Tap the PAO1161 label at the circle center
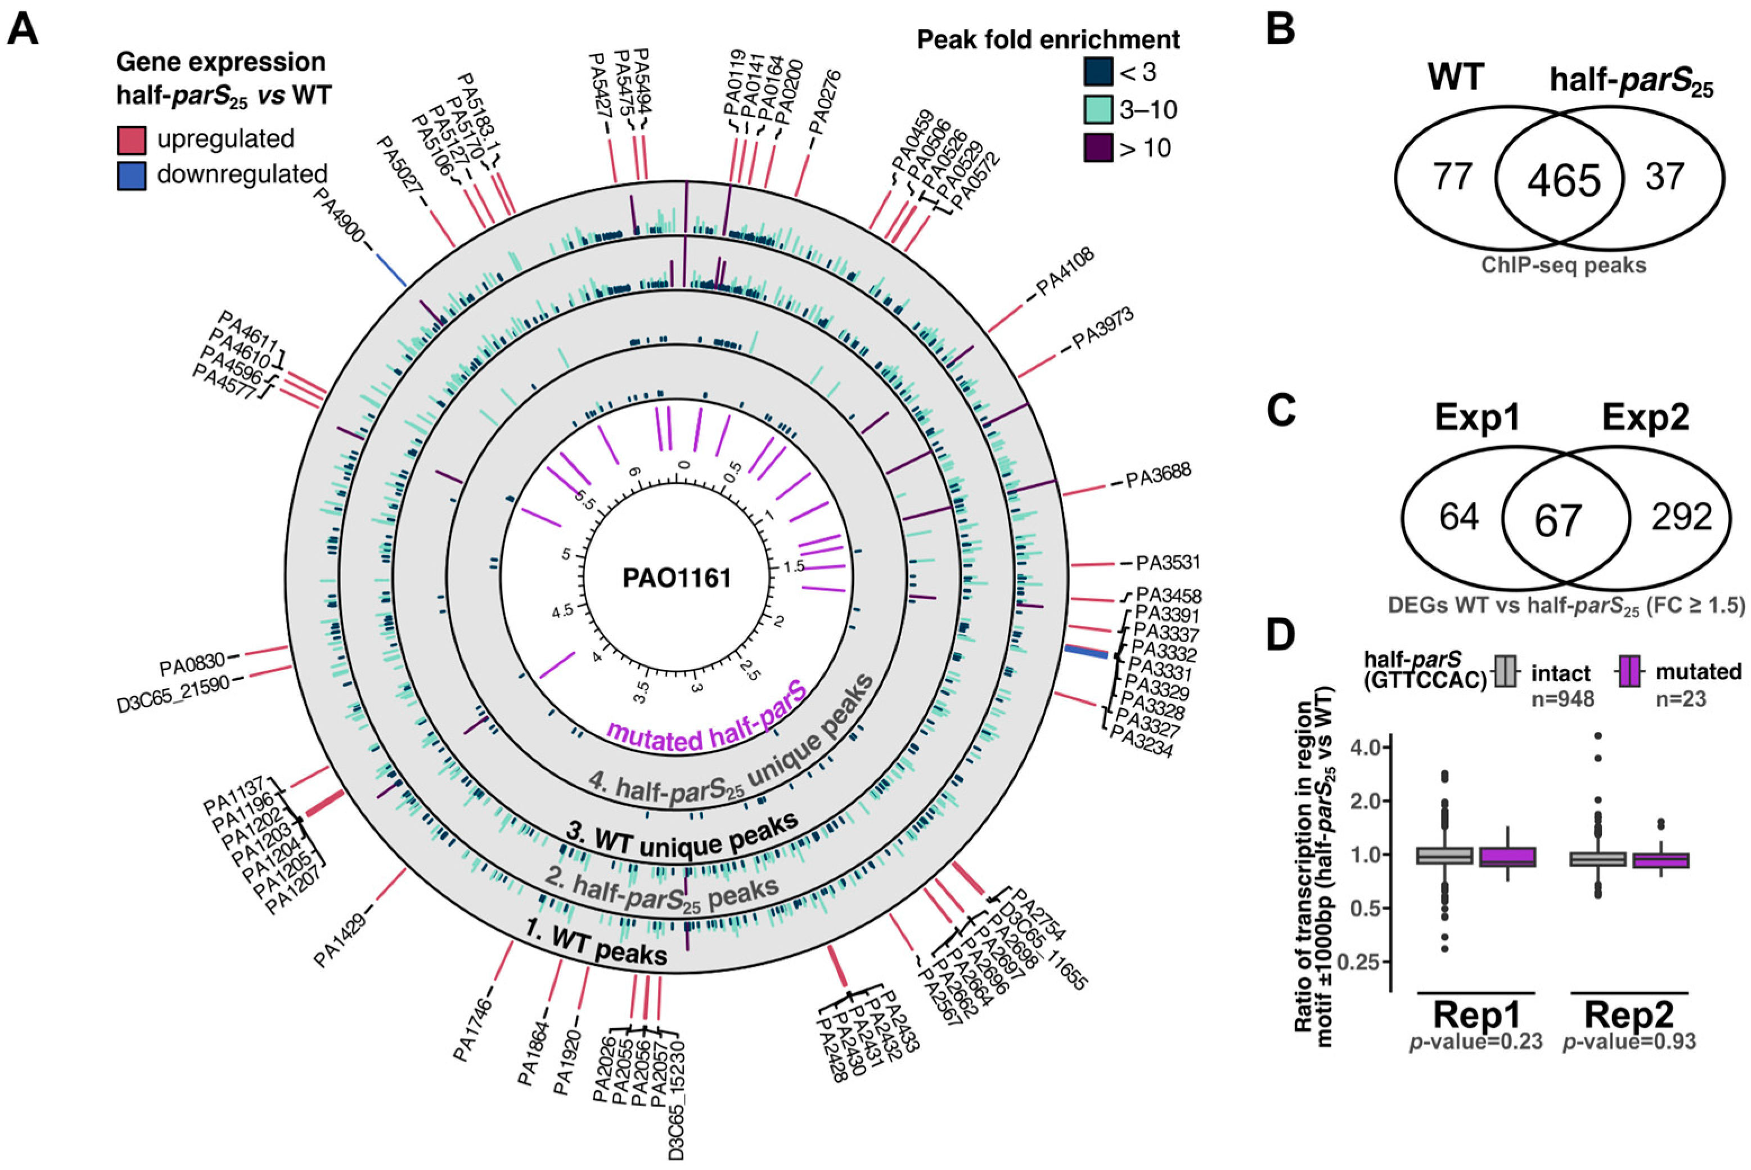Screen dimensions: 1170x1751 677,579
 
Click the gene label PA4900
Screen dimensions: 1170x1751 338,211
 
